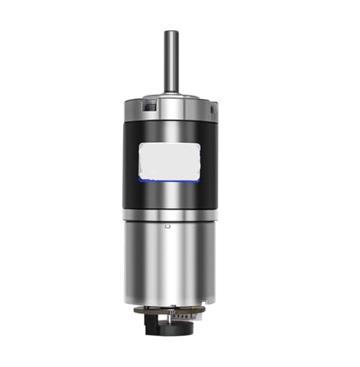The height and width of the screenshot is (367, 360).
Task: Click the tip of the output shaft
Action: pyautogui.click(x=170, y=32)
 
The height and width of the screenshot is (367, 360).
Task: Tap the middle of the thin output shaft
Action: pyautogui.click(x=170, y=62)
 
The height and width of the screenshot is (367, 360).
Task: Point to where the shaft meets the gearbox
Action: pyautogui.click(x=170, y=92)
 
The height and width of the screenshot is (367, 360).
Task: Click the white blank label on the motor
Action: pyautogui.click(x=170, y=160)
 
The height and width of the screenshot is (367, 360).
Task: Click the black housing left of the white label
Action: pyautogui.click(x=131, y=161)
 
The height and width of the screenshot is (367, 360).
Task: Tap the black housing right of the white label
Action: pyautogui.click(x=211, y=161)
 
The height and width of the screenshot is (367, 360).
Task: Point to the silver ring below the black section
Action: pyautogui.click(x=170, y=214)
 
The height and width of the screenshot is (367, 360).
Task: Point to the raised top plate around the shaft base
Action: pyautogui.click(x=170, y=98)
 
